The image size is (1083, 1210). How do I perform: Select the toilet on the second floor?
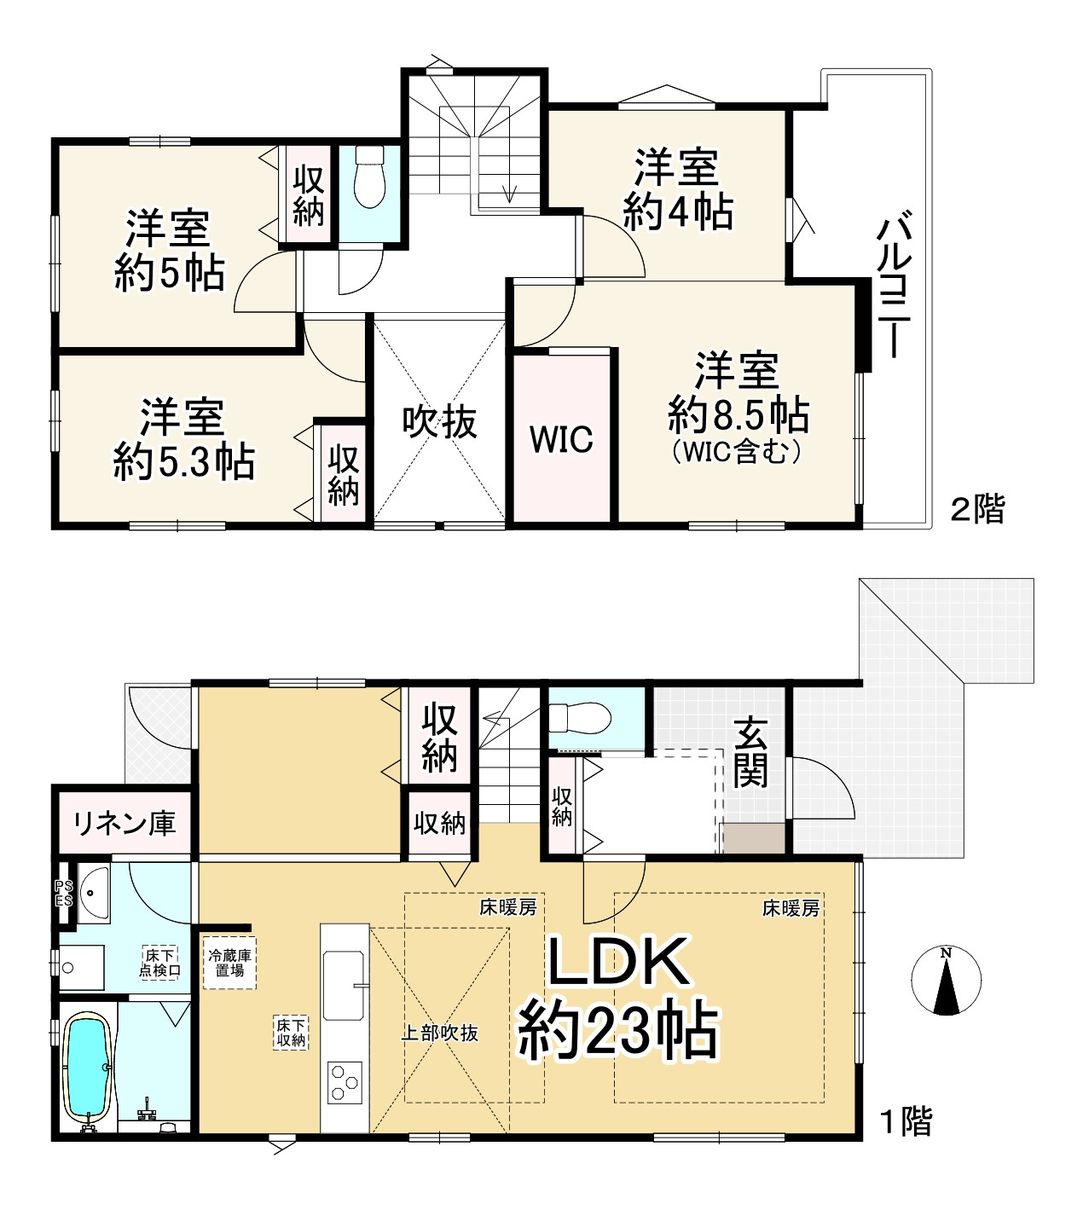coord(369,177)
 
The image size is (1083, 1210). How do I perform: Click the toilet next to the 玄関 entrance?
coord(581,718)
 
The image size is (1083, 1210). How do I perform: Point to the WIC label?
coord(561,439)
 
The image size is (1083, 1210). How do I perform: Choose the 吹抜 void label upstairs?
coord(439,421)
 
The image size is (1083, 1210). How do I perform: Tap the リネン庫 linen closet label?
coord(125,824)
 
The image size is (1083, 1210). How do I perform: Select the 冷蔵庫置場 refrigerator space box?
coord(229,963)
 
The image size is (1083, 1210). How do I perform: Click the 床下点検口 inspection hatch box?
coord(159,963)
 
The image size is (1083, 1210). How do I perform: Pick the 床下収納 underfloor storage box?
coord(291,1033)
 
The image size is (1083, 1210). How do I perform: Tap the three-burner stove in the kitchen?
coord(345,1083)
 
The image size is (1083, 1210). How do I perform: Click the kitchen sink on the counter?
coord(345,986)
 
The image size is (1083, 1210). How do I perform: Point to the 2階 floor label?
coord(977,509)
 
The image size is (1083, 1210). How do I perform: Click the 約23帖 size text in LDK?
coord(618,1031)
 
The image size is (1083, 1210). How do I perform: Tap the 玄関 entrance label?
coord(750,753)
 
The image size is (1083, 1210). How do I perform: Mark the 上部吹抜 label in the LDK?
coord(440,1033)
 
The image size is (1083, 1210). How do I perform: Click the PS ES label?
coord(64,894)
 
